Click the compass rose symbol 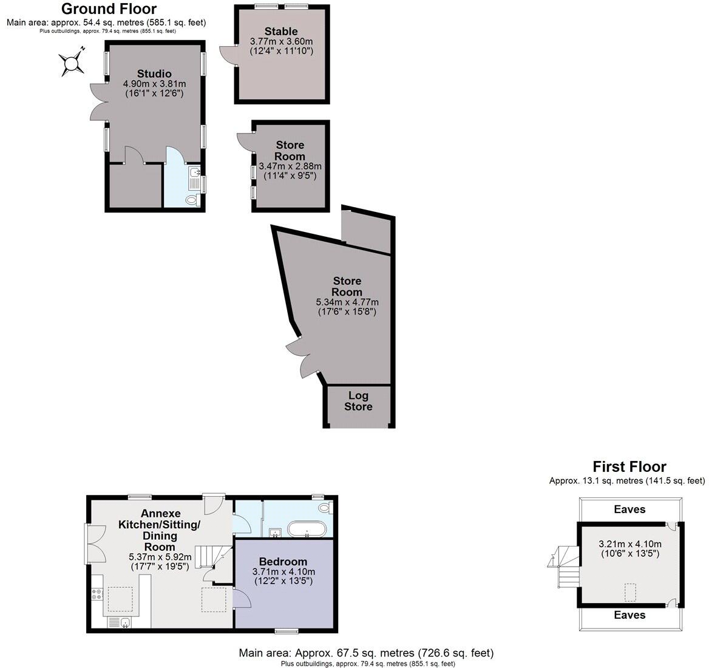click(72, 62)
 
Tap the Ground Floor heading click(109, 9)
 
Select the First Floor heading click(629, 466)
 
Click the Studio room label click(154, 74)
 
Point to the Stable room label click(281, 32)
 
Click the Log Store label click(358, 401)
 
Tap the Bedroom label click(283, 561)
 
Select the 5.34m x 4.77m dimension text click(347, 302)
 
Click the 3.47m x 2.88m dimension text click(290, 166)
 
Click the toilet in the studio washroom click(192, 199)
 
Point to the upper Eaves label click(629, 510)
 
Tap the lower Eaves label click(629, 615)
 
